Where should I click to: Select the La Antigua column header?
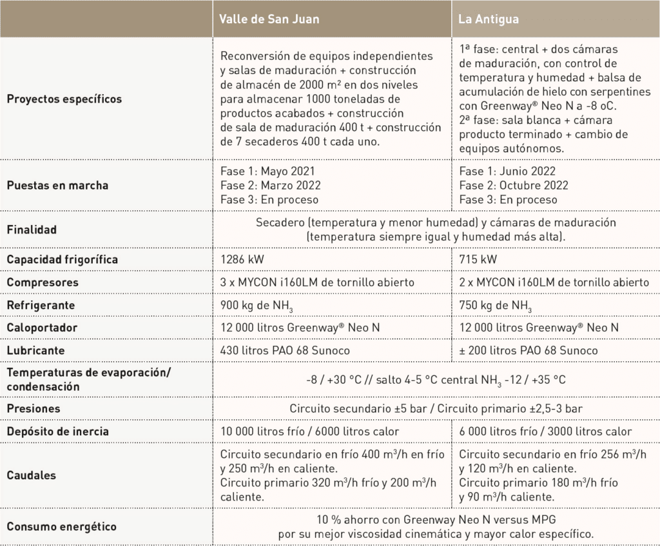[488, 19]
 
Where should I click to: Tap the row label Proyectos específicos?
[64, 99]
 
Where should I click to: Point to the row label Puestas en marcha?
[57, 185]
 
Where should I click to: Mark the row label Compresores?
[42, 283]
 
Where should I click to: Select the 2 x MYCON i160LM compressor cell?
[554, 283]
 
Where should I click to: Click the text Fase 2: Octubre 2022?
[513, 185]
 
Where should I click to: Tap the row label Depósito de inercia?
[58, 432]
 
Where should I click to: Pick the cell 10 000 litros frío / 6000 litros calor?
[309, 432]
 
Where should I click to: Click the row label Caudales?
[32, 475]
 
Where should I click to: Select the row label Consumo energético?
[62, 527]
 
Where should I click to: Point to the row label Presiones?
[34, 408]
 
